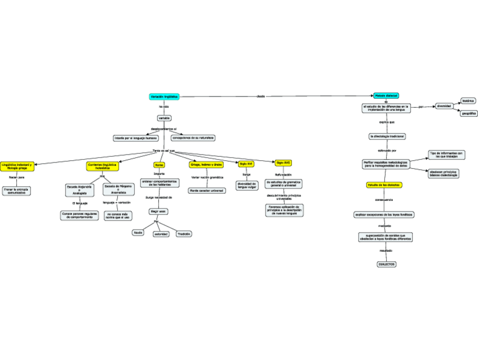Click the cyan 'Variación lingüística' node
164,96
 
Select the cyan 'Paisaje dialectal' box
386,96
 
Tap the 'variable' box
164,118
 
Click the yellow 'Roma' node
159,165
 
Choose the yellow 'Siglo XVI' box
246,164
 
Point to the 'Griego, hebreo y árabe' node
207,164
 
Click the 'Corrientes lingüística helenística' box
103,166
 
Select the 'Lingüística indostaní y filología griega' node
17,166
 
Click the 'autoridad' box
161,234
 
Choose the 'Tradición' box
184,234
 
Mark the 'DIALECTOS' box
386,264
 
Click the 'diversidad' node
444,106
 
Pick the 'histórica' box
468,100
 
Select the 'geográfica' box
469,113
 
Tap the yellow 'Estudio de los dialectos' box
384,185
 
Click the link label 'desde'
260,96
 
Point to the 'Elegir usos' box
158,211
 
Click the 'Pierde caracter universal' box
207,191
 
